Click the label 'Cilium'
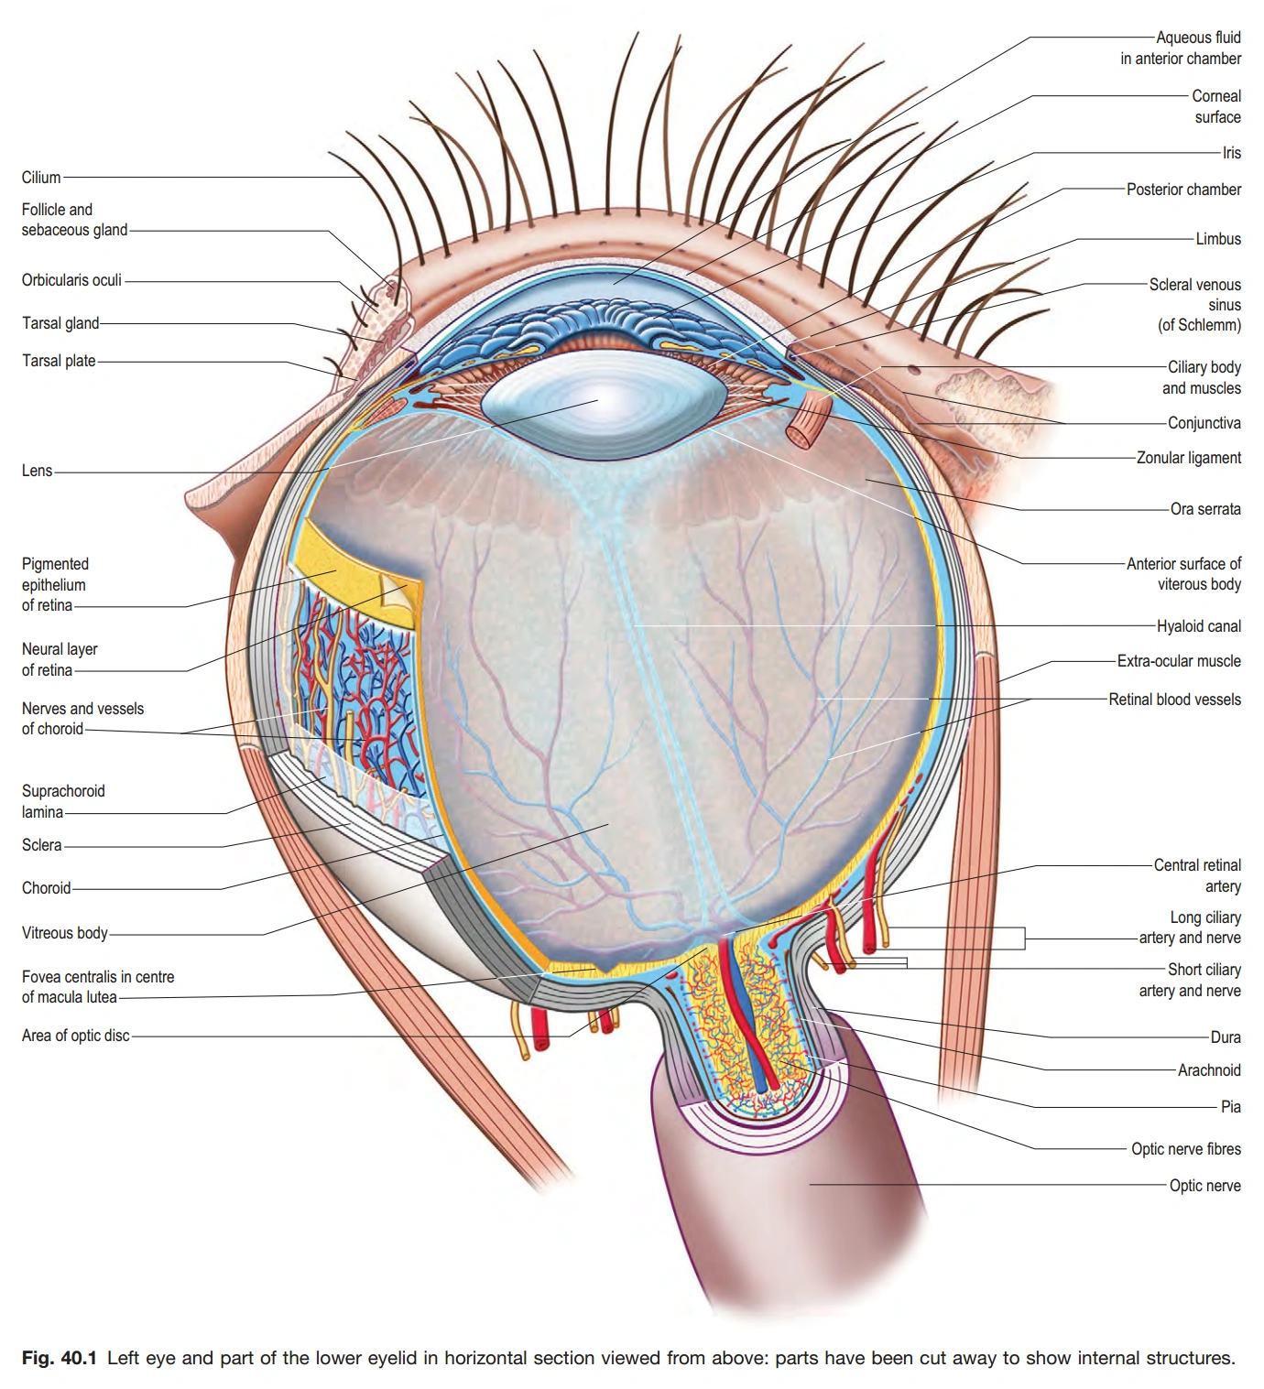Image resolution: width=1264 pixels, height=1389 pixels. coord(41,178)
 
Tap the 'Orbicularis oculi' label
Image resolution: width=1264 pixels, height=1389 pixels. coord(71,280)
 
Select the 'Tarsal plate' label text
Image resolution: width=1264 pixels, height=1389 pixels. coord(59,361)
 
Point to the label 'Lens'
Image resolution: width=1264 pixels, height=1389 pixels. coord(37,471)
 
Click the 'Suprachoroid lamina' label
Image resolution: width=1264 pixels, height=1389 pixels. coord(62,801)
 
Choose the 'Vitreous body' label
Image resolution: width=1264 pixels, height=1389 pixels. coord(64,933)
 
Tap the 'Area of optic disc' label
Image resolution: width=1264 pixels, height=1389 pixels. coord(75,1036)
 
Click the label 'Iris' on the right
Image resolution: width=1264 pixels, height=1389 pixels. coord(1231,153)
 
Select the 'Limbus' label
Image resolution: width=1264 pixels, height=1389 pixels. coord(1217,239)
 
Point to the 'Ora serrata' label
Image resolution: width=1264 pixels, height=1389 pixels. coord(1204,509)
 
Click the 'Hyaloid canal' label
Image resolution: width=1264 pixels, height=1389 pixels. coord(1198,626)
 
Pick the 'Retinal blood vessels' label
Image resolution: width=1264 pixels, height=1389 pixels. coord(1174,700)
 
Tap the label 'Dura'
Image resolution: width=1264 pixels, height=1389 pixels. coord(1225,1037)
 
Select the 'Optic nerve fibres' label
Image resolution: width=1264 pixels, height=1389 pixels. coord(1185,1149)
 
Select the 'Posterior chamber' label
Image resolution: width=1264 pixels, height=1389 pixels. coord(1183,190)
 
